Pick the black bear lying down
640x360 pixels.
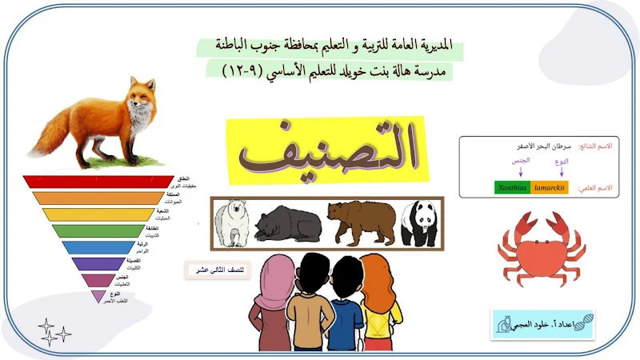click(x=286, y=224)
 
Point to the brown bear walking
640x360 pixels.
click(x=361, y=222)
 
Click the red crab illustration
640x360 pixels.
click(x=542, y=248)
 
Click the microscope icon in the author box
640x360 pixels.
click(x=505, y=324)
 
